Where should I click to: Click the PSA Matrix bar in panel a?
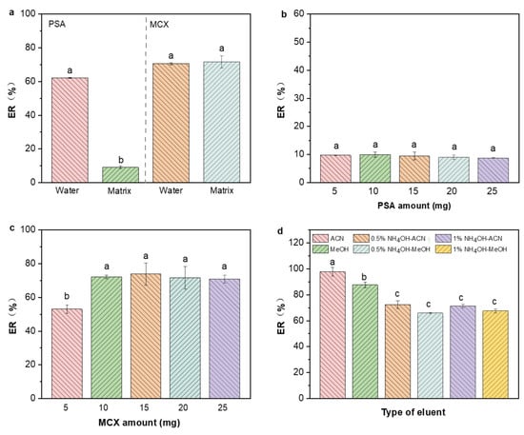tap(120, 174)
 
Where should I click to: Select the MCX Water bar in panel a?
tap(171, 123)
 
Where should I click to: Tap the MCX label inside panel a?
tap(159, 25)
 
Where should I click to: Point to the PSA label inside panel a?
tap(57, 24)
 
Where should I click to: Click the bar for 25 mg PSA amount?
tap(494, 170)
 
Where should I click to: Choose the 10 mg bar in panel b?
tap(375, 168)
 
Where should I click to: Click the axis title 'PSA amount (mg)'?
tap(414, 206)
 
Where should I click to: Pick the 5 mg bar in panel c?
tap(67, 353)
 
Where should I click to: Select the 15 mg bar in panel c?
tap(146, 336)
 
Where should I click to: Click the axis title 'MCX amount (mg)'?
tap(139, 423)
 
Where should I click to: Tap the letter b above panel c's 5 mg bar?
tap(67, 296)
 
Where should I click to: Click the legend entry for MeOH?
tap(331, 249)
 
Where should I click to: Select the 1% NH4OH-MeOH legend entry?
tap(472, 249)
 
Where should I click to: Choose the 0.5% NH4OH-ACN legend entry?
tap(390, 238)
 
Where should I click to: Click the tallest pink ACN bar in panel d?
tap(333, 335)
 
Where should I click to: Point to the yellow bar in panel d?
tap(495, 354)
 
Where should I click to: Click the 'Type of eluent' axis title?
tap(413, 412)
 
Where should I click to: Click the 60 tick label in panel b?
tap(298, 13)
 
